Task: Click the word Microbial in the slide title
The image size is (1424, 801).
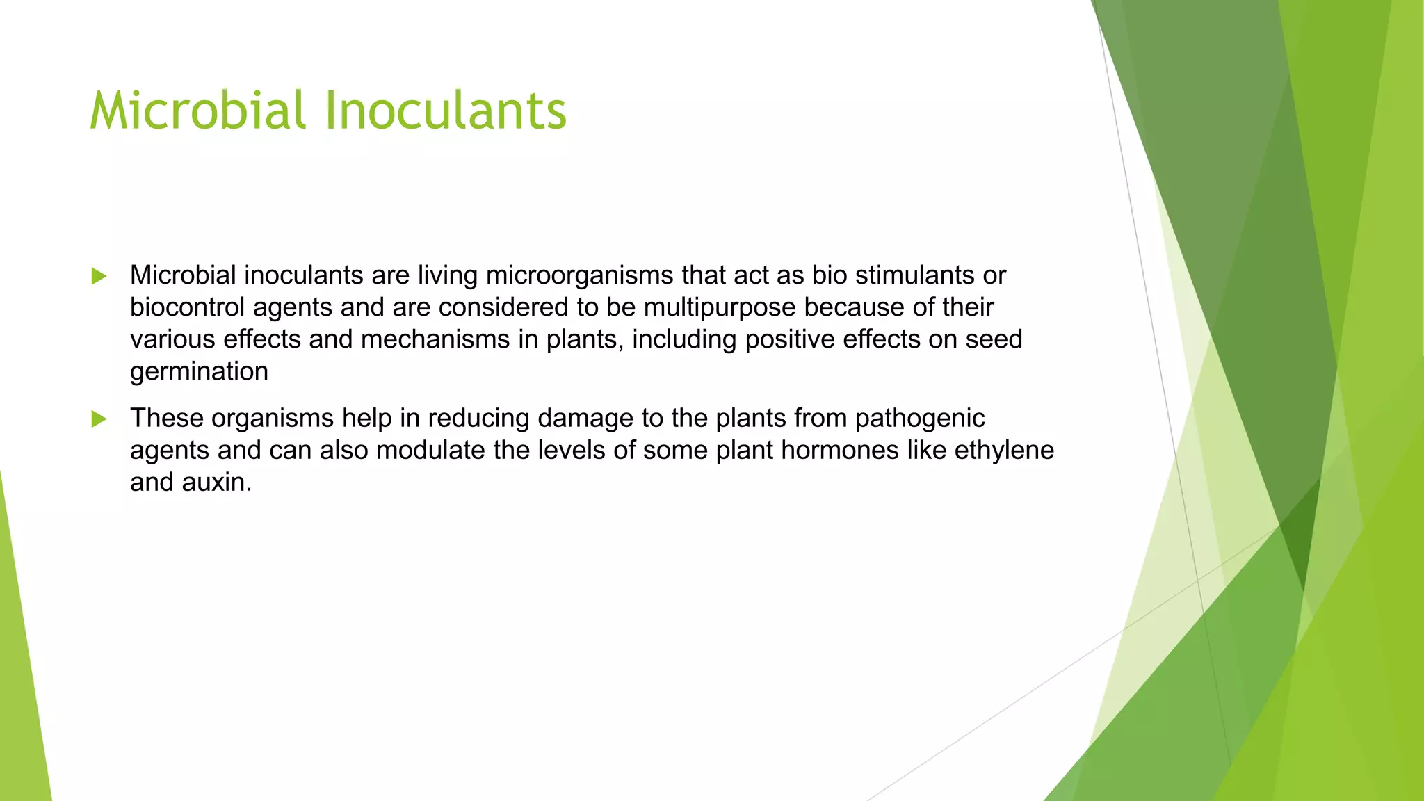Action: click(x=197, y=111)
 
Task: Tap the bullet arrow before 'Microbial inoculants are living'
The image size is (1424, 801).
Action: click(x=99, y=277)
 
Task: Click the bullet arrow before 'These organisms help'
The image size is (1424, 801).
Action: click(x=99, y=419)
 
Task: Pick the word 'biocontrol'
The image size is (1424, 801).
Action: click(x=187, y=307)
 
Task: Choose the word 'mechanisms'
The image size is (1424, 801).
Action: click(x=435, y=339)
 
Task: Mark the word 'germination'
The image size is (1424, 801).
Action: click(x=199, y=372)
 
